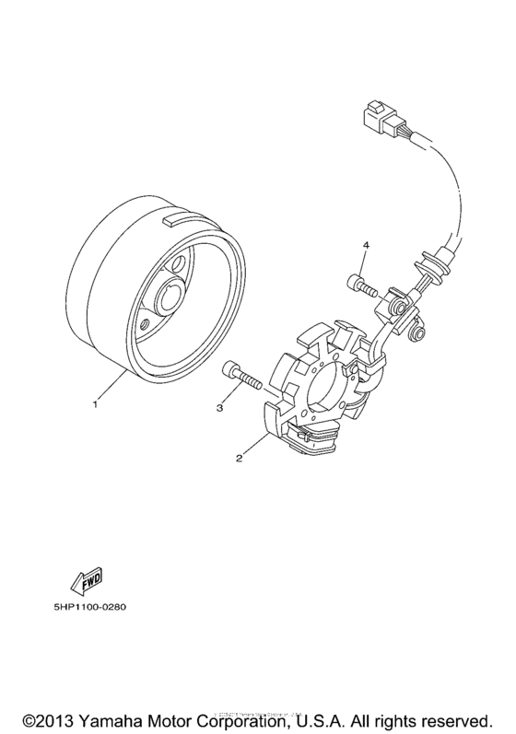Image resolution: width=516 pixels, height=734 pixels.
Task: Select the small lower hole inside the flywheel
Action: coord(146,323)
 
